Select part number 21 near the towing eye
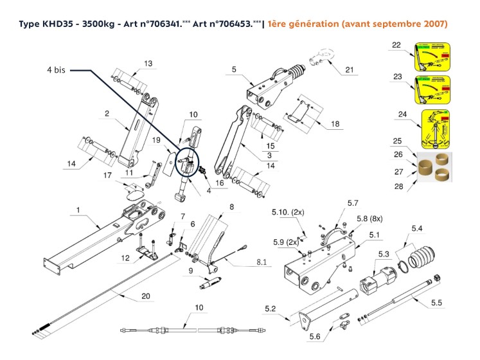[x=350, y=69]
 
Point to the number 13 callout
[x=148, y=63]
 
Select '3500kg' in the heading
[x=97, y=24]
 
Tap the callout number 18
[x=334, y=123]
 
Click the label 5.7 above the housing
[x=353, y=203]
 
